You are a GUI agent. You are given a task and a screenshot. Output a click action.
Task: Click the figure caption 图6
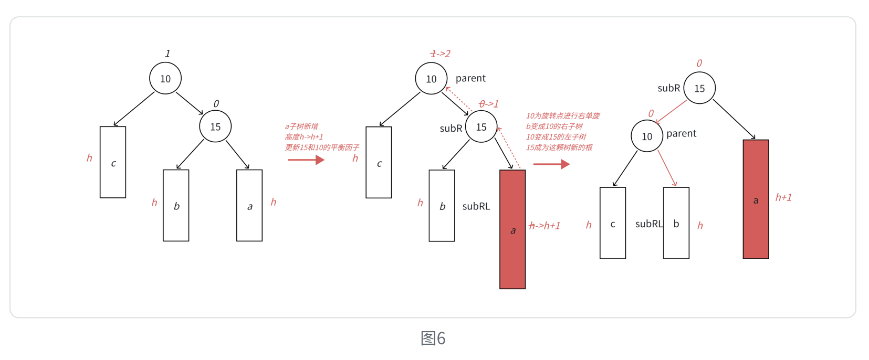pyautogui.click(x=433, y=338)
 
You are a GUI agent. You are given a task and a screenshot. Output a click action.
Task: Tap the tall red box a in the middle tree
pyautogui.click(x=512, y=229)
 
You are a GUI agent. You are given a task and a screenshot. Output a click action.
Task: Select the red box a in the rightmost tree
pyautogui.click(x=756, y=199)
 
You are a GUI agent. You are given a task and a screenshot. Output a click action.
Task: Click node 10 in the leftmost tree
pyautogui.click(x=165, y=79)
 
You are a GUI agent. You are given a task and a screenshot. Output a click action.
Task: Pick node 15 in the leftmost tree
pyautogui.click(x=215, y=126)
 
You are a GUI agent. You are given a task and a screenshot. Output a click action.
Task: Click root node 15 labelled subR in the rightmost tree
pyautogui.click(x=699, y=88)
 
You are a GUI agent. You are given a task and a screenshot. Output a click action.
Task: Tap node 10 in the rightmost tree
pyautogui.click(x=647, y=136)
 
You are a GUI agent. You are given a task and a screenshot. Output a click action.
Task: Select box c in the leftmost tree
pyautogui.click(x=113, y=163)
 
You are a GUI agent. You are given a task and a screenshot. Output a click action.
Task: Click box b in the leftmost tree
pyautogui.click(x=176, y=206)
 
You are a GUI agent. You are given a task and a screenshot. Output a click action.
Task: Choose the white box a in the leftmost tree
pyautogui.click(x=249, y=206)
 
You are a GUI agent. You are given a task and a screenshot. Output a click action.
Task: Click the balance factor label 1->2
pyautogui.click(x=440, y=54)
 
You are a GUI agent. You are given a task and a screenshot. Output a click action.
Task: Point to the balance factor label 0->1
pyautogui.click(x=488, y=104)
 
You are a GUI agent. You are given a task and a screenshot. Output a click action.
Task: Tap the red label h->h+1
pyautogui.click(x=545, y=226)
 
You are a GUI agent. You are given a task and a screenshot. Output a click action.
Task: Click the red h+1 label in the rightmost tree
pyautogui.click(x=783, y=197)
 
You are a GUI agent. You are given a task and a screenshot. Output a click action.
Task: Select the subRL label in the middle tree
pyautogui.click(x=476, y=206)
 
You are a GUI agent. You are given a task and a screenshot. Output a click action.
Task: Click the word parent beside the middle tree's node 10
pyautogui.click(x=470, y=78)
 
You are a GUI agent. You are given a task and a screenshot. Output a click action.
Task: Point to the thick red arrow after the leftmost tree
pyautogui.click(x=306, y=160)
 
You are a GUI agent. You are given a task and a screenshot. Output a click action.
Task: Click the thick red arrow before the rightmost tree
pyautogui.click(x=551, y=164)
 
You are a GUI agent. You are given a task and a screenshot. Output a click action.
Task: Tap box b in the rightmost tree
pyautogui.click(x=676, y=224)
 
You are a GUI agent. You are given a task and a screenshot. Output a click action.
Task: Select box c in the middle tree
pyautogui.click(x=379, y=163)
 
